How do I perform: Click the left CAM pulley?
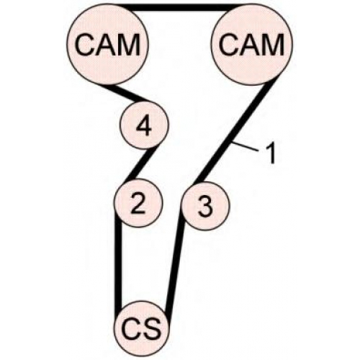click(107, 45)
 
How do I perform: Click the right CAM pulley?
click(252, 45)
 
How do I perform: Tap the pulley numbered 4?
click(145, 125)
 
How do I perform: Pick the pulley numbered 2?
click(138, 203)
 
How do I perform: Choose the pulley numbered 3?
click(205, 206)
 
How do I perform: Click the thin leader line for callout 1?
click(245, 147)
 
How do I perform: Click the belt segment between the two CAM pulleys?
click(183, 7)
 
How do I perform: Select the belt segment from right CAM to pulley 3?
click(235, 133)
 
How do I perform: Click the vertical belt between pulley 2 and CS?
click(118, 264)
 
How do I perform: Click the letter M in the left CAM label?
click(130, 45)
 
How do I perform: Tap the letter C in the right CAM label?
click(229, 45)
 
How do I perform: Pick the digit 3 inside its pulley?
click(205, 207)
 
